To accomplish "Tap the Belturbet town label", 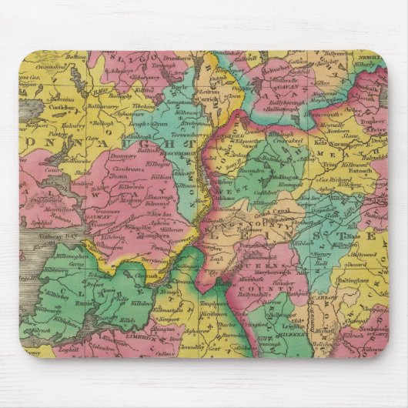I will tap(273, 68).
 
